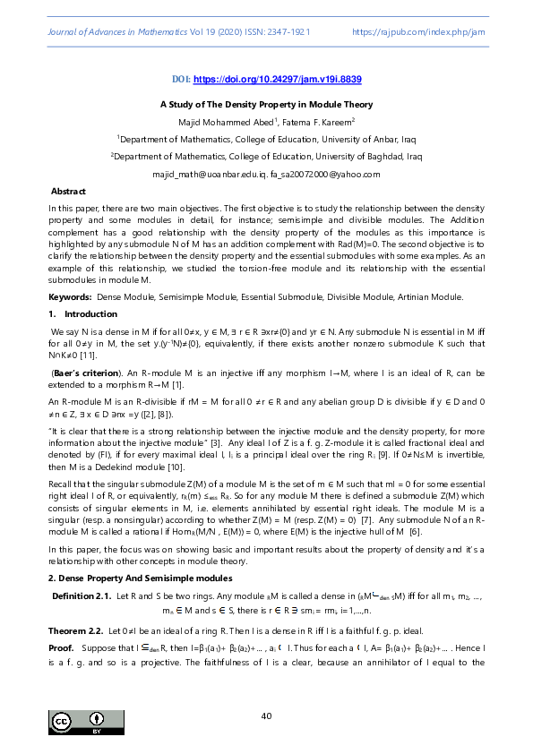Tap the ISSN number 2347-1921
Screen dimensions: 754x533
290,31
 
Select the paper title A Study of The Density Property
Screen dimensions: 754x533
266,105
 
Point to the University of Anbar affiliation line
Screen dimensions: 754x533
266,139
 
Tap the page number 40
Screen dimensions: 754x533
266,716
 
